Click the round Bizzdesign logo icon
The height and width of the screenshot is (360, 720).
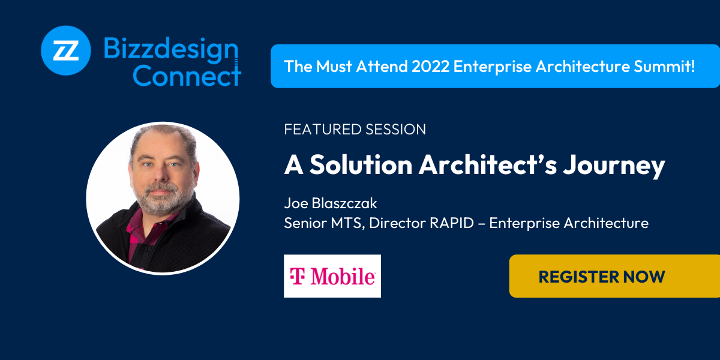pyautogui.click(x=66, y=50)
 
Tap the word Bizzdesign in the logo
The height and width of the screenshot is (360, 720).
pyautogui.click(x=170, y=49)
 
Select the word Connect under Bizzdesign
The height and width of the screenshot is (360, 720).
pyautogui.click(x=187, y=76)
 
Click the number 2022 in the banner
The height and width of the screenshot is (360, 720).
pyautogui.click(x=430, y=67)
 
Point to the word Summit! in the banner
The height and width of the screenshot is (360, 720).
pyautogui.click(x=664, y=67)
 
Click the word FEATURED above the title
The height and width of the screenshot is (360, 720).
pyautogui.click(x=323, y=129)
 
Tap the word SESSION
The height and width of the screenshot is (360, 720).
pyautogui.click(x=395, y=129)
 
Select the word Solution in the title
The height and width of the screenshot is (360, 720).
pyautogui.click(x=361, y=164)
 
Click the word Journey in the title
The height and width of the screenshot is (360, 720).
pyautogui.click(x=614, y=166)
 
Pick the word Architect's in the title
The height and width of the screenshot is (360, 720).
pyautogui.click(x=488, y=164)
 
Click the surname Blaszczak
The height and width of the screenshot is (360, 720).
pyautogui.click(x=344, y=203)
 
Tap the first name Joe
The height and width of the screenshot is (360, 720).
pyautogui.click(x=296, y=203)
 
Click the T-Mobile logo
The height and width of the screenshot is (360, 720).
pyautogui.click(x=332, y=276)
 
